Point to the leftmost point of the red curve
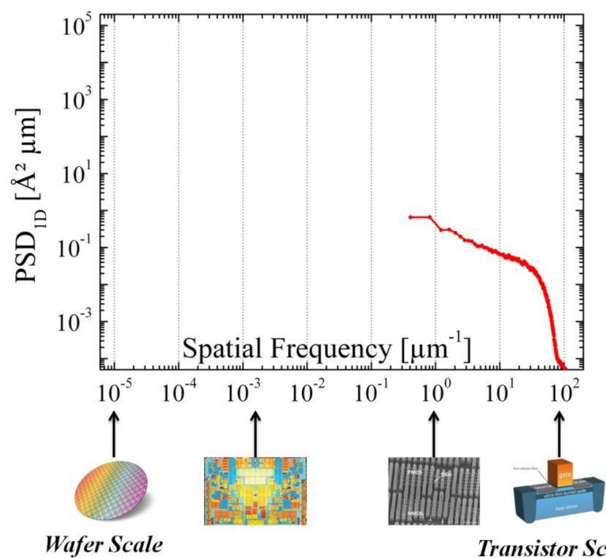[410, 217]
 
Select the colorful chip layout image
[255, 491]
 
